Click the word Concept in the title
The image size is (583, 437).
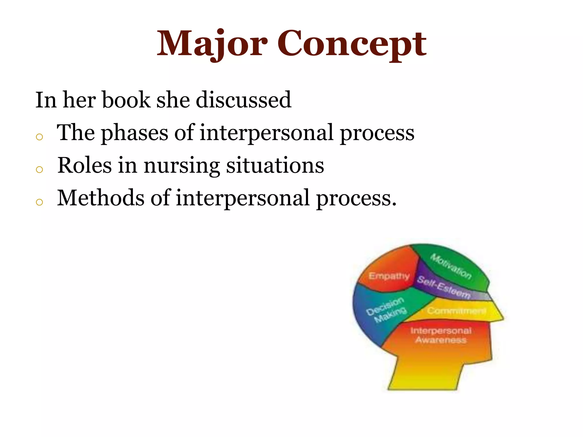(352, 44)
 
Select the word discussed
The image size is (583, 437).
(244, 100)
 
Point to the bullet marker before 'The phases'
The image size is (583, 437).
(40, 137)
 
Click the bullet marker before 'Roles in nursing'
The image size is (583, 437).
(40, 170)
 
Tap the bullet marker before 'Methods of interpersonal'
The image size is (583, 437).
(40, 202)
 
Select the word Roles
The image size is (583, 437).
(85, 165)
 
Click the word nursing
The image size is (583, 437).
(182, 166)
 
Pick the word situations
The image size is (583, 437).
(275, 165)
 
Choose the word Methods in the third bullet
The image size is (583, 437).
(100, 198)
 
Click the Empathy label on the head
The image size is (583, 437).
(389, 276)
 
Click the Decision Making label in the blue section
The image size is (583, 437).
(386, 310)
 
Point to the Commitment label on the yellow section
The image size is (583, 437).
(456, 311)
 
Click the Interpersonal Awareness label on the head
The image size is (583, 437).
(441, 335)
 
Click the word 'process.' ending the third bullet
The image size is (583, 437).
(356, 199)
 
